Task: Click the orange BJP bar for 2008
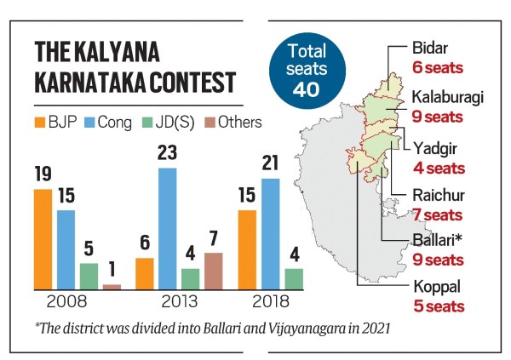43,238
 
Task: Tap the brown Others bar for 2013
213,271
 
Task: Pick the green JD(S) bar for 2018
294,278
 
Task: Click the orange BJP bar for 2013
145,273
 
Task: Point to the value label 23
169,154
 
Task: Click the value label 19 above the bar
43,174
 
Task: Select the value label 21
270,163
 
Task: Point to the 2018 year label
271,301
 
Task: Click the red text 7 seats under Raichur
438,214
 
